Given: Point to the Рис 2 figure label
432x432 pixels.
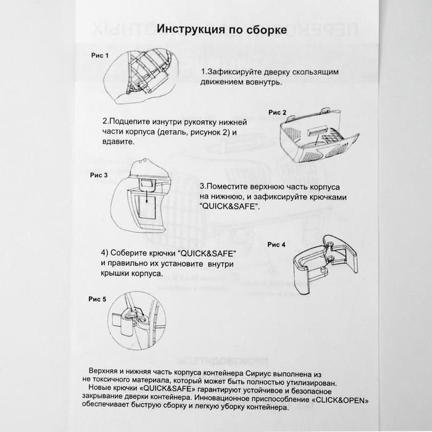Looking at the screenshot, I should pyautogui.click(x=277, y=112).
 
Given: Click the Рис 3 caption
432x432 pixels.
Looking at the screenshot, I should pyautogui.click(x=99, y=175).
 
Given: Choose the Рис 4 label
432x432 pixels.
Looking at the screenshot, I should pyautogui.click(x=276, y=244).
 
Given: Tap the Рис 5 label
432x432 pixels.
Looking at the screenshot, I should pyautogui.click(x=97, y=299).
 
